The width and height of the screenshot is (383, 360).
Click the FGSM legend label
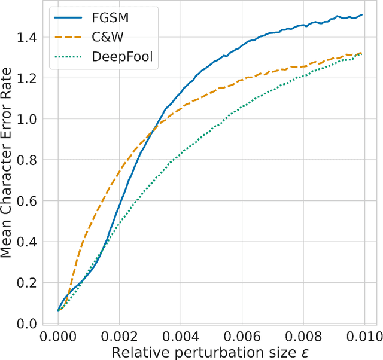click(106, 19)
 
